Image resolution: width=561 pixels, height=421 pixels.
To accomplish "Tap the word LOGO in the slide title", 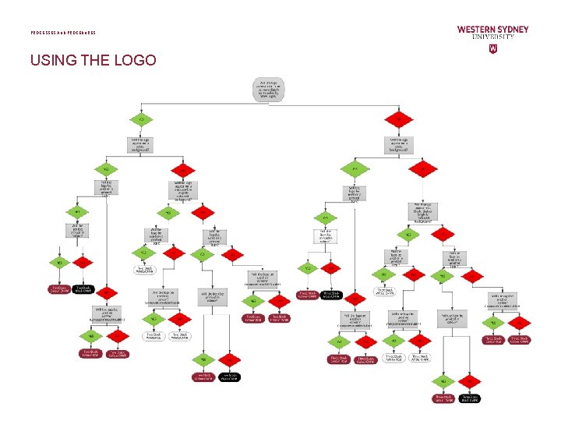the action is click(x=135, y=60).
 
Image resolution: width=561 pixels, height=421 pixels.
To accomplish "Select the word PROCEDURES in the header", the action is click(x=83, y=33).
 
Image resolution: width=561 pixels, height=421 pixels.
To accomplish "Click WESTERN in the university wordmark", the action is click(x=475, y=30).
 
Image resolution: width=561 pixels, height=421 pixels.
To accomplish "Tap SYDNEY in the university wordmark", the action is click(x=512, y=30).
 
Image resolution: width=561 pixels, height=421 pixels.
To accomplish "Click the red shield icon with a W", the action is click(x=492, y=48).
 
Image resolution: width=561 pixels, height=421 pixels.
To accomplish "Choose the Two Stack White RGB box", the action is click(x=153, y=336).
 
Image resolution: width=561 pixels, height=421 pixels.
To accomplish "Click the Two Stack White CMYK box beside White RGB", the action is click(x=181, y=336).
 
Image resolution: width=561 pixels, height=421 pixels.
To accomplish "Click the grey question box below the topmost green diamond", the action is click(x=141, y=144).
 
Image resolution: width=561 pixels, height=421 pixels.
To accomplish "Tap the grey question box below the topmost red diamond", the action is click(x=398, y=144).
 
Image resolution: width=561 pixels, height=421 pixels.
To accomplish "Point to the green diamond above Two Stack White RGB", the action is click(x=153, y=319).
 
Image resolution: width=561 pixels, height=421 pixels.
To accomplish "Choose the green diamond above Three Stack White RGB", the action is click(x=394, y=340).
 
